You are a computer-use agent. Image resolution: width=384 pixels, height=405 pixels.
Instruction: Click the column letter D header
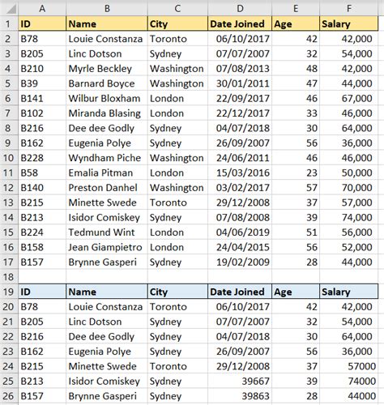click(x=239, y=8)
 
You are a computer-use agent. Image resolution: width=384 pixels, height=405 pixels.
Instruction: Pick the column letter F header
click(x=348, y=8)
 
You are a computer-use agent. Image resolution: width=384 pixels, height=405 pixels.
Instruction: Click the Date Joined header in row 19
click(x=237, y=292)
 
